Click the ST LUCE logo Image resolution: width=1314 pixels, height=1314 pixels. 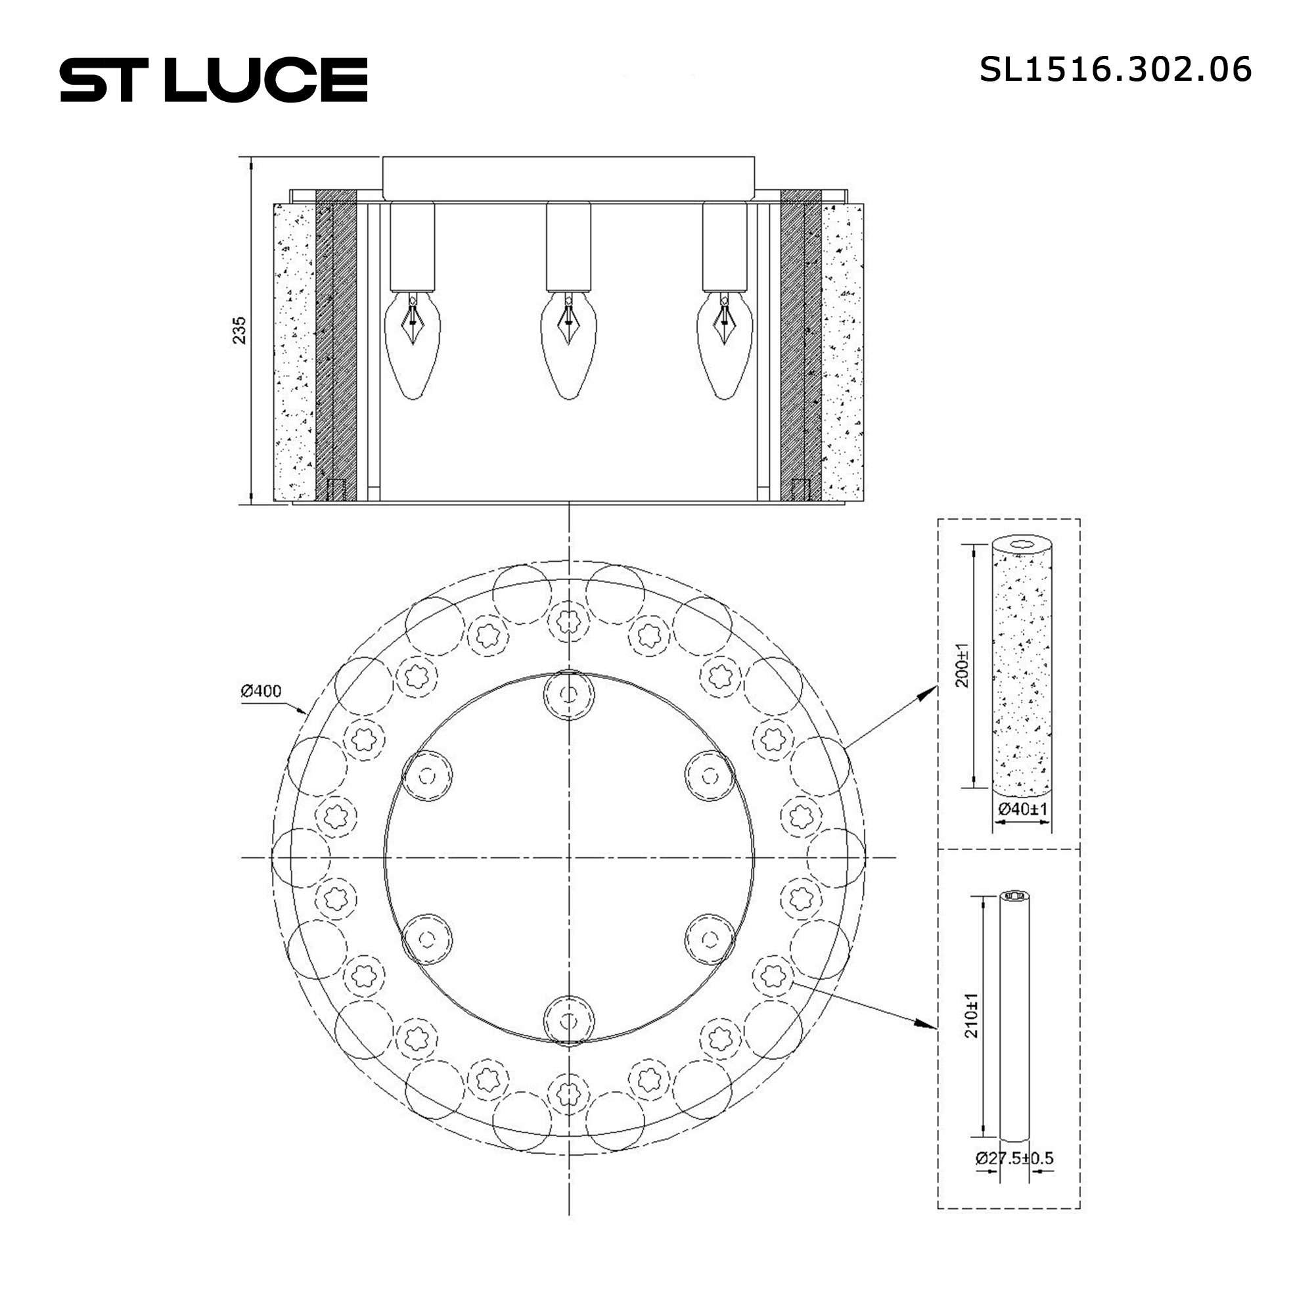tap(214, 80)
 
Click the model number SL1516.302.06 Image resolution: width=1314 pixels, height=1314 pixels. tap(1115, 70)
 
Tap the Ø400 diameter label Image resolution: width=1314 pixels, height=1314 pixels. tap(260, 692)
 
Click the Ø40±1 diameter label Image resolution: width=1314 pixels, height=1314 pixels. tap(1022, 809)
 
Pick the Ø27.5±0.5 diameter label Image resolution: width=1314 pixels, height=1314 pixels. tap(1014, 1158)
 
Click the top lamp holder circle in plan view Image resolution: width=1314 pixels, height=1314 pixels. tap(568, 695)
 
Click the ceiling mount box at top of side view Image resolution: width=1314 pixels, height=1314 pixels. tap(568, 178)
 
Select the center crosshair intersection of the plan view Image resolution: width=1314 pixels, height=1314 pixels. tap(568, 857)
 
